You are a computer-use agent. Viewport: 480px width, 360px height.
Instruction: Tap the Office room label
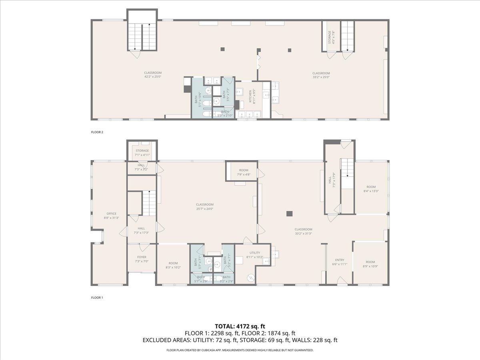(111, 214)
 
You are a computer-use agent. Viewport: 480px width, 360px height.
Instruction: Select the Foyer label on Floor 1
(142, 257)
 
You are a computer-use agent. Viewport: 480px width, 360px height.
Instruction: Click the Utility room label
(255, 253)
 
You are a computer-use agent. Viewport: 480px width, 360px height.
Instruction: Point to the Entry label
(339, 260)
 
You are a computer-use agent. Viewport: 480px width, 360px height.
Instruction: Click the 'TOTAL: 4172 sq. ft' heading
(240, 326)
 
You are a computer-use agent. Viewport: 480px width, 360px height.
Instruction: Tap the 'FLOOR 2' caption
(97, 132)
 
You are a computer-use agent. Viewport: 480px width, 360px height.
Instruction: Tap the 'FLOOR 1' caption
(97, 298)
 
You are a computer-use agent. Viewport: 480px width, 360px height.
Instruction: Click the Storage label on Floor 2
(330, 37)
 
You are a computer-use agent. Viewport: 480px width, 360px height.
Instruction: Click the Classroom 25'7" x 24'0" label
(204, 206)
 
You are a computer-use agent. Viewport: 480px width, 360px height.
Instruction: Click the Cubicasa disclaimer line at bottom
(240, 350)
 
